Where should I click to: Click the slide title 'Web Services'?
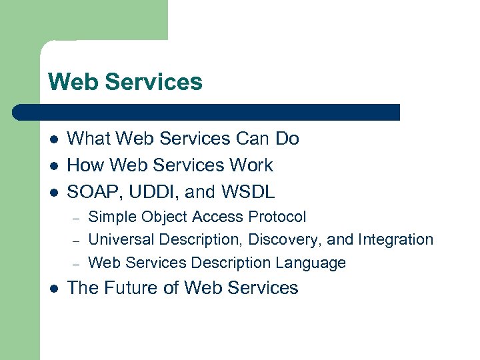click(x=125, y=82)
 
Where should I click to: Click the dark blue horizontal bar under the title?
click(x=207, y=112)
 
